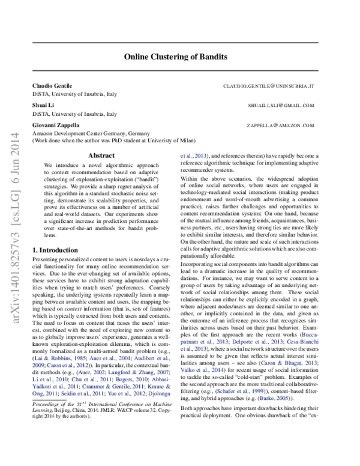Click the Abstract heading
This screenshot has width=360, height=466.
97,155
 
